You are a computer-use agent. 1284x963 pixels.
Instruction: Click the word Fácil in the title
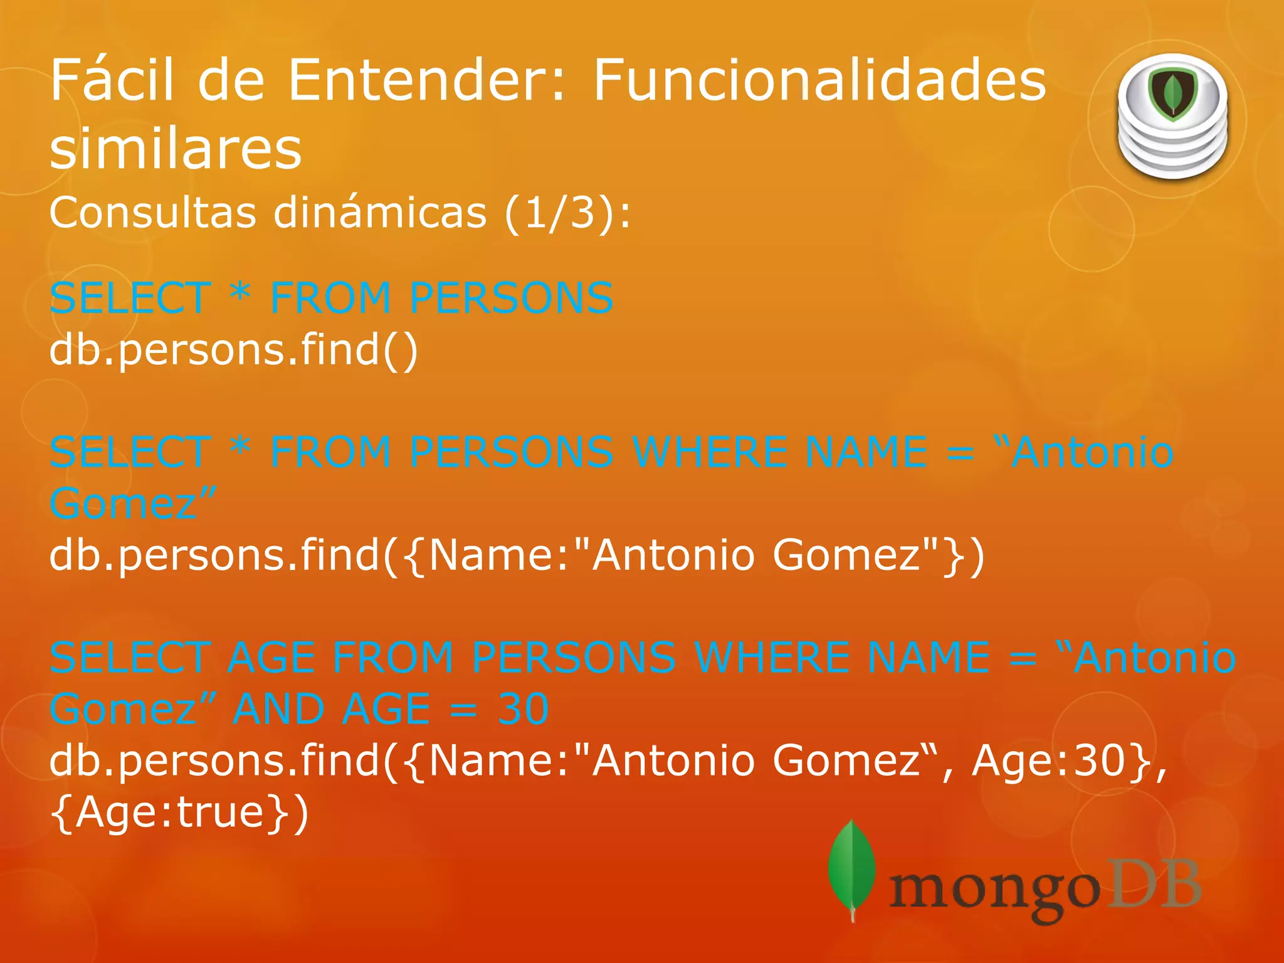pos(112,80)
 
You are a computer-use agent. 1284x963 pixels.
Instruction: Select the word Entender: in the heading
pos(427,80)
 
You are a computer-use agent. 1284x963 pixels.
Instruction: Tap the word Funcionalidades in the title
pos(819,80)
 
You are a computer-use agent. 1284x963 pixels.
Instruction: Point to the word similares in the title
pos(176,149)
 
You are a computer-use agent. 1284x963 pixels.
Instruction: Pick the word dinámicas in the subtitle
pos(380,213)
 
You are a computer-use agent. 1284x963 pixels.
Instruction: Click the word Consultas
pos(152,213)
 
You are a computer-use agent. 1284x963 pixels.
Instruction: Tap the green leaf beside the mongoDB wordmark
pos(851,868)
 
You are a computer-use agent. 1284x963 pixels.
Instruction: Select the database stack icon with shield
pos(1172,117)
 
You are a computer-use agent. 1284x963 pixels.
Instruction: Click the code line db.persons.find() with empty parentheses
pos(233,349)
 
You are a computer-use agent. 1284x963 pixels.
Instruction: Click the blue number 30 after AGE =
pos(523,709)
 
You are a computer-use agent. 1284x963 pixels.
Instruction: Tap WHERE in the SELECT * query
pos(710,452)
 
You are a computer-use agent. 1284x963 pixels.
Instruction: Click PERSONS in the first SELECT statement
pos(511,298)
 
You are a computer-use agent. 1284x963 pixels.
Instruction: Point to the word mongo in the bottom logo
pos(994,890)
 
